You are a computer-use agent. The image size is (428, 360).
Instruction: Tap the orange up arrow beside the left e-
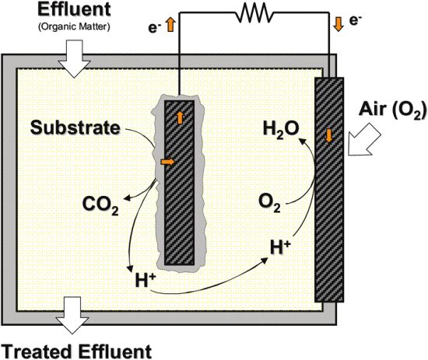tap(170, 25)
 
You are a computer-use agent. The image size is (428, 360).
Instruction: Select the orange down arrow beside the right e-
tap(339, 24)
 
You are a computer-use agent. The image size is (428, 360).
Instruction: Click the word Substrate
tap(75, 128)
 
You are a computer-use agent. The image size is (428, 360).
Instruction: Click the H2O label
tap(281, 129)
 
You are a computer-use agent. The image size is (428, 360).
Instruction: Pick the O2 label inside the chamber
tap(269, 203)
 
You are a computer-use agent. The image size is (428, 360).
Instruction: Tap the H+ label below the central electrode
tap(146, 280)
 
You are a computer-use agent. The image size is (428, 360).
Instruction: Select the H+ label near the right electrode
tap(280, 246)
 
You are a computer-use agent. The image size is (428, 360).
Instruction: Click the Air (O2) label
tap(392, 110)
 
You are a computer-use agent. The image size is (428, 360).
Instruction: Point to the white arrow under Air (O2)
tap(364, 140)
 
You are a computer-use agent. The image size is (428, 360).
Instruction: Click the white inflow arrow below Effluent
tap(74, 58)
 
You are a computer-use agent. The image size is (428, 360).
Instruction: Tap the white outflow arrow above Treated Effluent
tap(72, 315)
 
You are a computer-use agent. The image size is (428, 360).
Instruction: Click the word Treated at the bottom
tap(39, 351)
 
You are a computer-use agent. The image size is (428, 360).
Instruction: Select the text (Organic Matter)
tap(74, 27)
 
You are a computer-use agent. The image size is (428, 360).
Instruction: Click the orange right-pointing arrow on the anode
tap(167, 162)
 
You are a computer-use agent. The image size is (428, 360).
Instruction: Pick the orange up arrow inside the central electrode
tap(180, 118)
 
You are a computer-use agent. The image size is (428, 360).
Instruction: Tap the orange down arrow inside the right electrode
tap(329, 135)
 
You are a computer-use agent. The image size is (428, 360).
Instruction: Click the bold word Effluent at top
tap(74, 9)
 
